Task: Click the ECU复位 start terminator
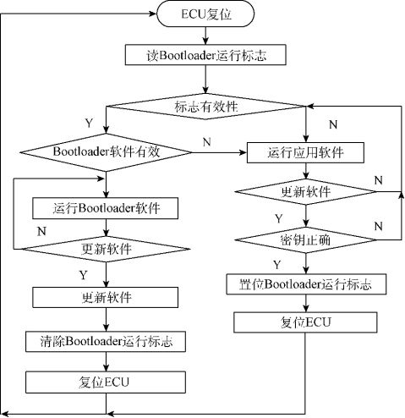click(x=205, y=14)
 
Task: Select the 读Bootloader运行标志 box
click(x=205, y=57)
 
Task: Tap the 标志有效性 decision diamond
click(x=205, y=106)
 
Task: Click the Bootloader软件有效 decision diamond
click(x=106, y=152)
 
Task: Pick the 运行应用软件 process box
click(x=304, y=152)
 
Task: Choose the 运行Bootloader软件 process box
click(x=106, y=207)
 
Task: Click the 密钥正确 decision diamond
click(x=304, y=239)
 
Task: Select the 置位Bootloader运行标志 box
click(x=304, y=283)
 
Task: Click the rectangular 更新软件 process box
click(x=106, y=297)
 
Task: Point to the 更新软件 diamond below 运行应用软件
click(x=304, y=192)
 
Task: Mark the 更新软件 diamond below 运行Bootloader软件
click(x=106, y=250)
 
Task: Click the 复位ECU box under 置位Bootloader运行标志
click(x=304, y=322)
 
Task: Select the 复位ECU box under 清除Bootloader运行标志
click(x=106, y=380)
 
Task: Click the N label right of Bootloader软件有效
click(x=206, y=143)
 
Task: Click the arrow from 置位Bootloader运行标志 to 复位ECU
click(x=304, y=303)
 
